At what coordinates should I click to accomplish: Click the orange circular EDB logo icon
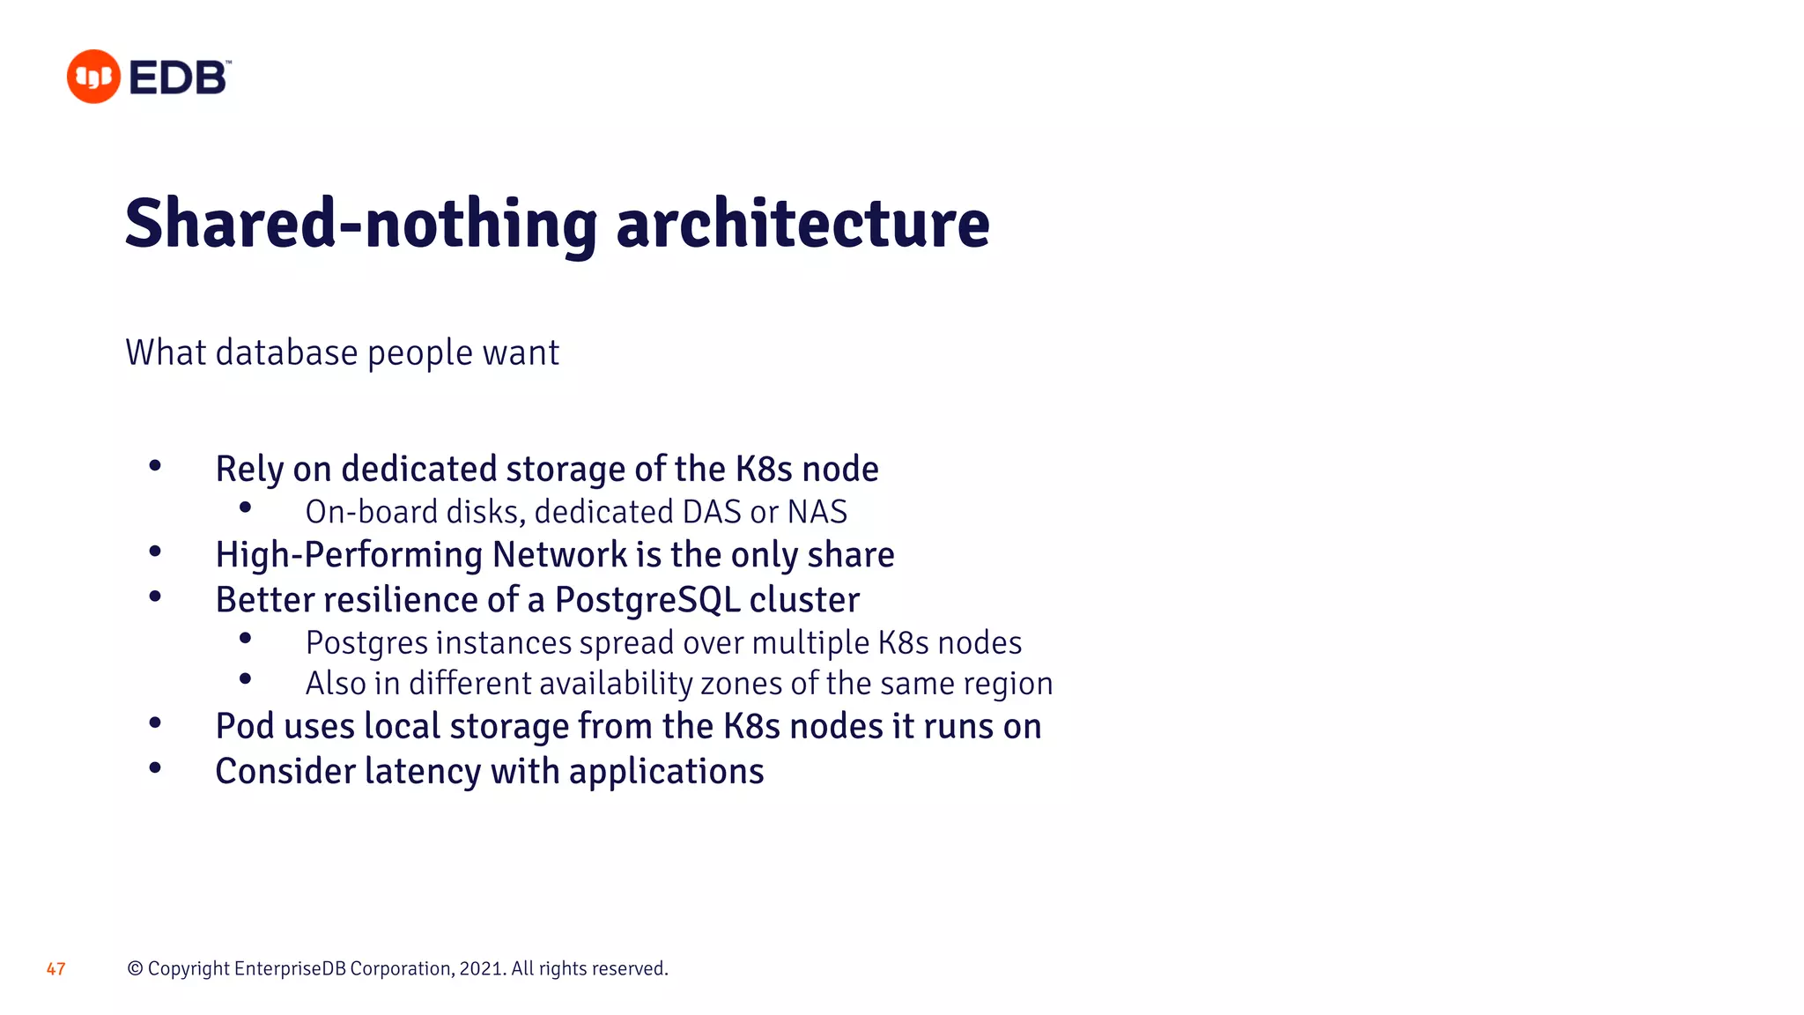tap(93, 77)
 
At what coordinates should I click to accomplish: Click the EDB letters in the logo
tap(180, 78)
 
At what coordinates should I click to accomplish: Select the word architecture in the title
tap(802, 224)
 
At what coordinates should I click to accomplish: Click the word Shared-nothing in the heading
tap(361, 224)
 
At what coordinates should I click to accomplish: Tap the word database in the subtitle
tap(286, 352)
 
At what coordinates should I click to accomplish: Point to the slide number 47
tap(55, 969)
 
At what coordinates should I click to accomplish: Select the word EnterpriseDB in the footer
tap(290, 968)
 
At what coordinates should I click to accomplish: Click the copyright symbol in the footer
tap(135, 968)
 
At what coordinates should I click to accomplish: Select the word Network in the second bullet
tap(560, 555)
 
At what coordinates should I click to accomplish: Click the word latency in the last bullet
tap(423, 772)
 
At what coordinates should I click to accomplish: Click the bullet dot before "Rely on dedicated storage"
tap(155, 465)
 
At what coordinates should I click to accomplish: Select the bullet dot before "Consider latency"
tap(155, 768)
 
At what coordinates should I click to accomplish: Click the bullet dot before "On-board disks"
tap(245, 507)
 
